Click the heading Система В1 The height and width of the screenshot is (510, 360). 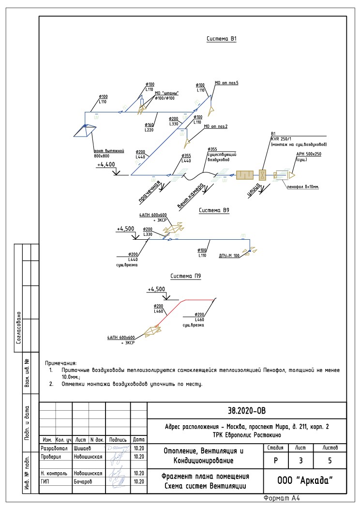click(222, 39)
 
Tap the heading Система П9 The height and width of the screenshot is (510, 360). click(185, 276)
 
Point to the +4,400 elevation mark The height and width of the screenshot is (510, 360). click(106, 165)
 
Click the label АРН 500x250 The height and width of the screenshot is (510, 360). click(309, 154)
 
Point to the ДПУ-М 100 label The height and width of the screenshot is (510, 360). click(229, 255)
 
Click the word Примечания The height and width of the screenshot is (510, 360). click(61, 362)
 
